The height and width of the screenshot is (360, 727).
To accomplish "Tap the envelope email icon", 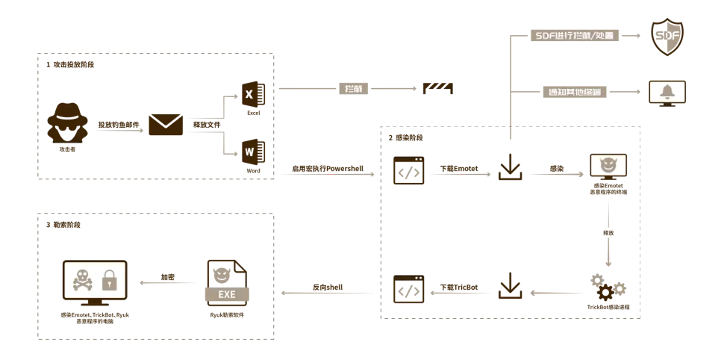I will click(165, 125).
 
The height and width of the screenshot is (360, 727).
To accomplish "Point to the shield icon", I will click(667, 36).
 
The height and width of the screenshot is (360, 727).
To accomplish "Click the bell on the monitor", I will click(667, 92).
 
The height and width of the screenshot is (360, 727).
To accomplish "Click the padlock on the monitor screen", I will click(110, 280).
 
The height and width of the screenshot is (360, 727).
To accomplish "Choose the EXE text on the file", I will click(226, 294).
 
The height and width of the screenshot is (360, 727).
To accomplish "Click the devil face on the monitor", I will click(608, 166).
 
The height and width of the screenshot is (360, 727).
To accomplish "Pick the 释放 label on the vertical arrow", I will click(608, 232).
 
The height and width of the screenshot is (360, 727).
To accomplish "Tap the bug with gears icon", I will click(607, 288).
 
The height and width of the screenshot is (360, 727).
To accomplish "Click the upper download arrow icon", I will click(510, 166).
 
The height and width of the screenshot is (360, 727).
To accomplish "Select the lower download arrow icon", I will click(511, 285).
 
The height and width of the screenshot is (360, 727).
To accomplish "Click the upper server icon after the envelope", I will click(255, 93).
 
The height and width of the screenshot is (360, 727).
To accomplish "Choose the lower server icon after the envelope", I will click(255, 152).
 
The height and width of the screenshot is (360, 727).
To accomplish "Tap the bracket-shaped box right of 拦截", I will click(438, 88).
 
